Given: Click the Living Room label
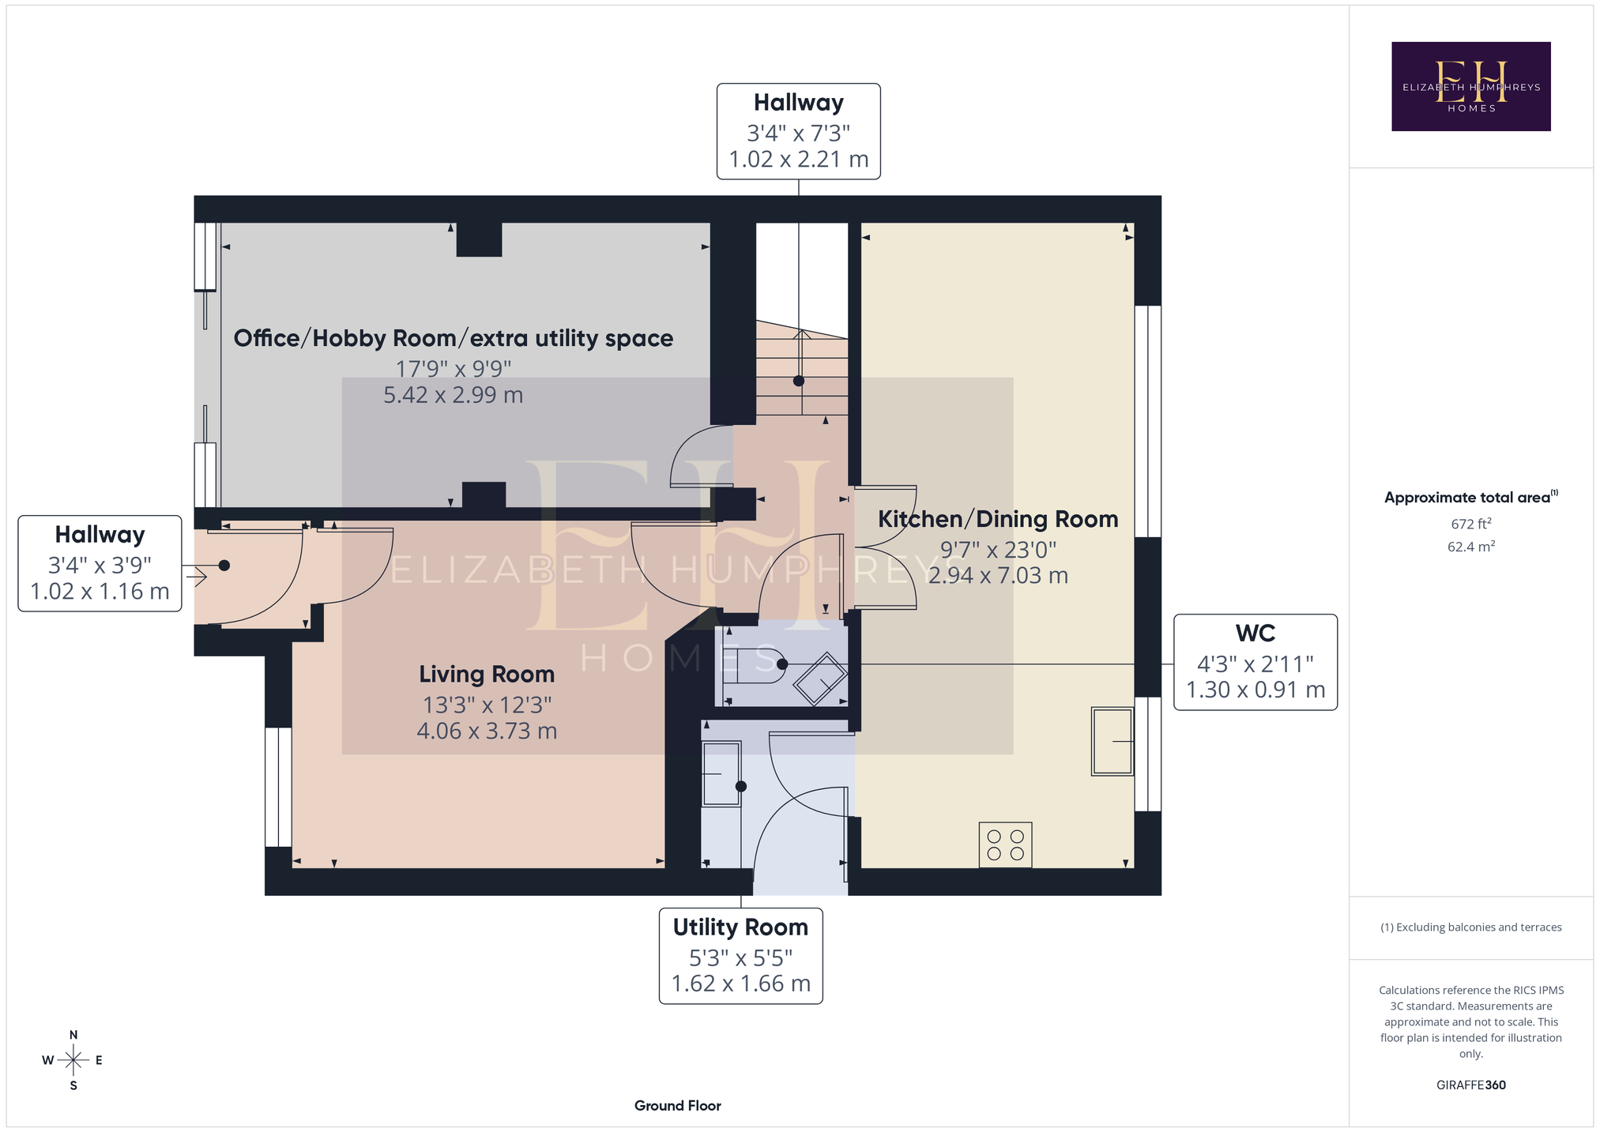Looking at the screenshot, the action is tap(487, 674).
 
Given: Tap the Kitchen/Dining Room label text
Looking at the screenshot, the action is tap(998, 519).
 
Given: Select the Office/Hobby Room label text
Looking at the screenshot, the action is tap(454, 338).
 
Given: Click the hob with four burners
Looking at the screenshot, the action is tap(1005, 844).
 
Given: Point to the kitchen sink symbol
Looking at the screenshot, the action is tap(1112, 741).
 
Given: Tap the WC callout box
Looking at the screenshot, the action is tap(1256, 662).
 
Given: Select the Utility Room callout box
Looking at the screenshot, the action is tap(741, 956).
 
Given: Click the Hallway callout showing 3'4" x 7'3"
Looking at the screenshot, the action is tap(799, 131).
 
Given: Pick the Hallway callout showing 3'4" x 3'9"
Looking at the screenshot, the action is tap(100, 563).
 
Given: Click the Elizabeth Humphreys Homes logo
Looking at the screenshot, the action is tap(1471, 86).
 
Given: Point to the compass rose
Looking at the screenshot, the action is tap(73, 1060).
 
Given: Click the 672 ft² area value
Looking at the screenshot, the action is tap(1471, 523).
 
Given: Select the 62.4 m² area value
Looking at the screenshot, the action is tap(1471, 546).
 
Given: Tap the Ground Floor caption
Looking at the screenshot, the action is tap(678, 1105).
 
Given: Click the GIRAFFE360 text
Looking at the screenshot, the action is tap(1471, 1085).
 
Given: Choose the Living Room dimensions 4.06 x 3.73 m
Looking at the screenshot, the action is tap(487, 731).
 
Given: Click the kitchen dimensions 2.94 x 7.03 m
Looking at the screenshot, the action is tap(998, 575).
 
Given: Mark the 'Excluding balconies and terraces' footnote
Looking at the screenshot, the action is tap(1471, 927).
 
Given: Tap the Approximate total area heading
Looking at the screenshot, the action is tap(1471, 497).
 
